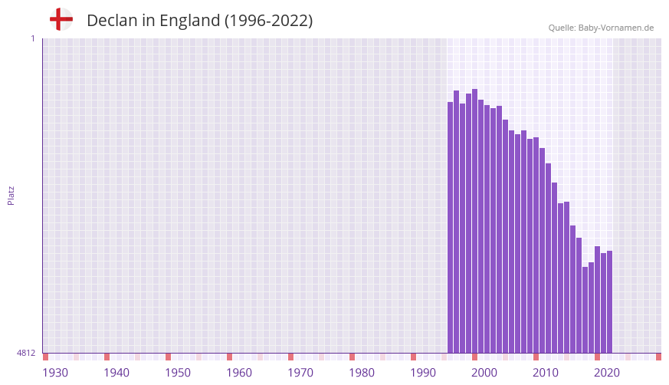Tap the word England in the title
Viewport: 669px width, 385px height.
[x=189, y=21]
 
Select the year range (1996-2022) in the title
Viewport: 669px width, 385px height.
[x=268, y=21]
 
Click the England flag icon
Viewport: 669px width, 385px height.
[x=61, y=19]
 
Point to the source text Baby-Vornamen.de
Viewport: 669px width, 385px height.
[x=615, y=28]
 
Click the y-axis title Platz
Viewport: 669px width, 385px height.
[x=11, y=195]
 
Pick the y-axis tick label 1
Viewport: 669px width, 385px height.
[x=32, y=38]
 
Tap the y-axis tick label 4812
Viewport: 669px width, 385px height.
[x=26, y=354]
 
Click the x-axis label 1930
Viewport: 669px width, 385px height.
[x=55, y=373]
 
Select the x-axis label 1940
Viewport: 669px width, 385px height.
[x=116, y=373]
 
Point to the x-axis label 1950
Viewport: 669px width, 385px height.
[x=178, y=373]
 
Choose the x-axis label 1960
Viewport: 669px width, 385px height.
[x=239, y=373]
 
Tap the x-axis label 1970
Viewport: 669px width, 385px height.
[x=300, y=373]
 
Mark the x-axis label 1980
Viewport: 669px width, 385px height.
[x=362, y=373]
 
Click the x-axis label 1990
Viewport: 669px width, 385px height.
[x=423, y=373]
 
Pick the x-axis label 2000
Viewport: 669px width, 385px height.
[x=484, y=373]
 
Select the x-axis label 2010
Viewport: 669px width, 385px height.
[x=546, y=373]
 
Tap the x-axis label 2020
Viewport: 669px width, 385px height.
[x=607, y=373]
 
